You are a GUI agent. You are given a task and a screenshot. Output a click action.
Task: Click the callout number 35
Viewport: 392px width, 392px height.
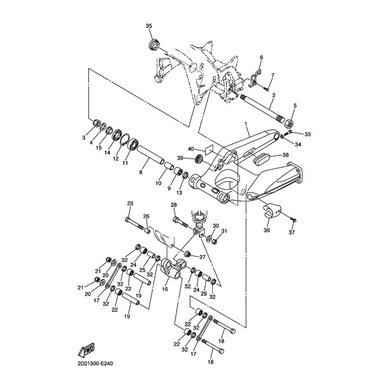(x=149, y=25)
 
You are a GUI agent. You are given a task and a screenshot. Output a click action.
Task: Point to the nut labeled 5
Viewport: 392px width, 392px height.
(x=289, y=122)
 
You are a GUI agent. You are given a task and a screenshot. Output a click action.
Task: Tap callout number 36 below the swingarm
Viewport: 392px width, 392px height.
(x=267, y=229)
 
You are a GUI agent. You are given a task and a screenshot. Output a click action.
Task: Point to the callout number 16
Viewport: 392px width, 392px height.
(x=164, y=290)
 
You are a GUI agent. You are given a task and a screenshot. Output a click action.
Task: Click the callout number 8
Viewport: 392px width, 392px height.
(x=141, y=172)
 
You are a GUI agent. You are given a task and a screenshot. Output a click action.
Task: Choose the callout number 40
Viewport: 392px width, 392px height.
(x=192, y=148)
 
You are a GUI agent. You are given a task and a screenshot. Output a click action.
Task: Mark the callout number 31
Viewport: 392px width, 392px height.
(x=224, y=231)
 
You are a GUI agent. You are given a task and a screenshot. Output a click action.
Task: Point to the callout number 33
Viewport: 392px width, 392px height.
(x=308, y=134)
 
